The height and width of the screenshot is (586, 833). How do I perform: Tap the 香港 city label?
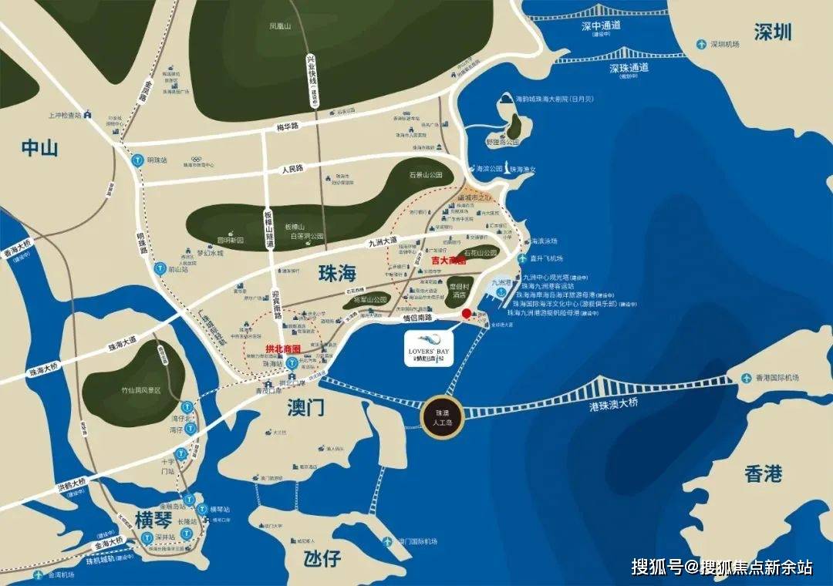click(x=764, y=473)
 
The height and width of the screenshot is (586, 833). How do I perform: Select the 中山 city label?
click(x=39, y=148)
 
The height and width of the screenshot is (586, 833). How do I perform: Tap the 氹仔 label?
click(x=322, y=558)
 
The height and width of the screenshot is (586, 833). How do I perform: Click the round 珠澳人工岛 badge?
click(x=440, y=416)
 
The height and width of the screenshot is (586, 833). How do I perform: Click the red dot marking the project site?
click(x=466, y=314)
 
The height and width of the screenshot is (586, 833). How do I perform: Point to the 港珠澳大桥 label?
click(x=613, y=405)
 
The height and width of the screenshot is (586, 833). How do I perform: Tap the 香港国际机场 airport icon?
click(x=747, y=378)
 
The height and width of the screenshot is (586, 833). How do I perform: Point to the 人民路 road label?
click(x=293, y=168)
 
